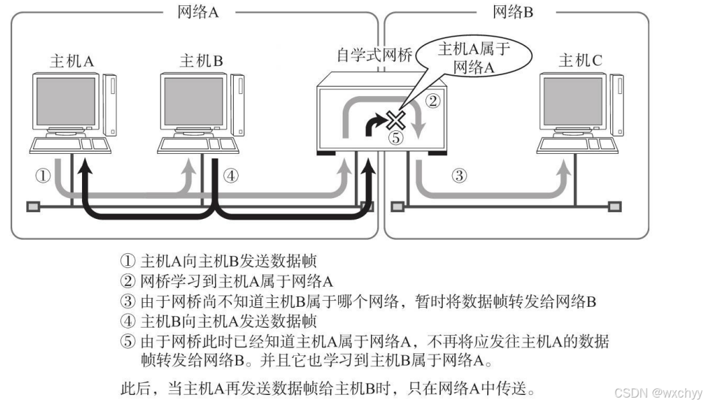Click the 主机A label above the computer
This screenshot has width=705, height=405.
coord(72,62)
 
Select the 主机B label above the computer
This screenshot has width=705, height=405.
coord(200,62)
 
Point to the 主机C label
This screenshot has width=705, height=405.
coord(581,62)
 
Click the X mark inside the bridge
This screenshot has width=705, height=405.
coord(396,120)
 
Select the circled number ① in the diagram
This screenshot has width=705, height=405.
coord(43,177)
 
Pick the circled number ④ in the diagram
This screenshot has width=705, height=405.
coord(231,177)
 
